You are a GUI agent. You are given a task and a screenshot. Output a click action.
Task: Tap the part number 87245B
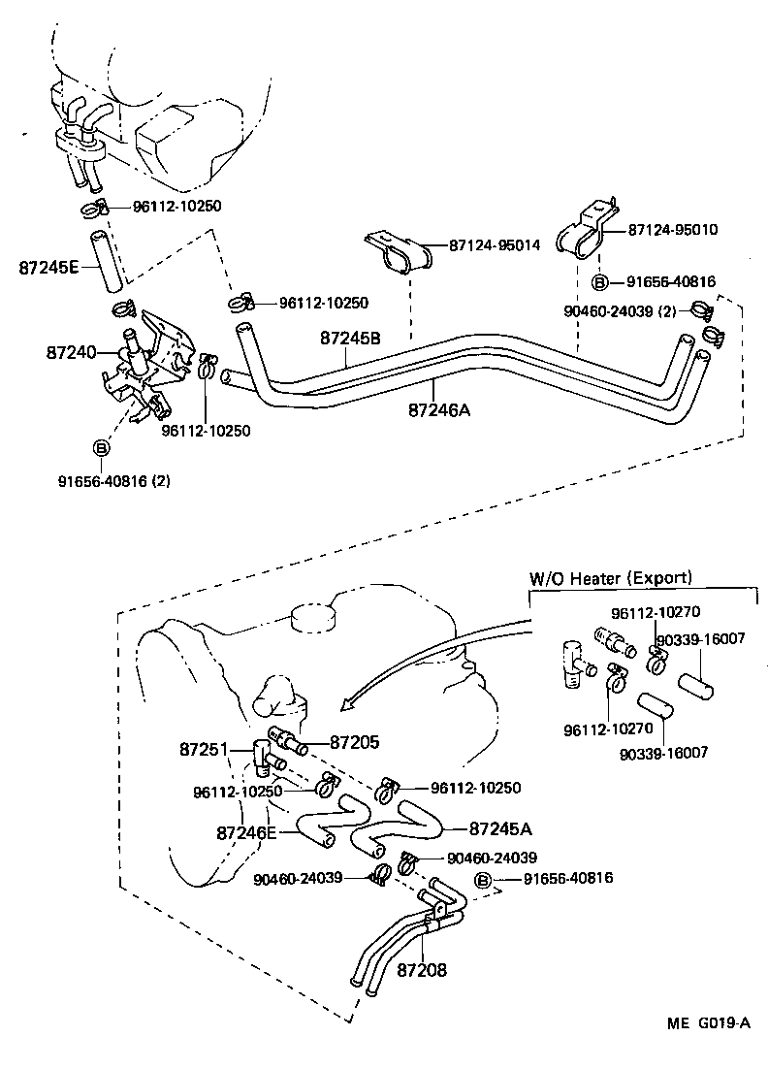(350, 339)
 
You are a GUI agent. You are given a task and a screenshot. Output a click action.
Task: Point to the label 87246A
(438, 409)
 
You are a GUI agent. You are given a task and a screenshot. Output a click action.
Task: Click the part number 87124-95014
(495, 247)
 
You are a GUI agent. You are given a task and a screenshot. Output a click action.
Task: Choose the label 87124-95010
(673, 231)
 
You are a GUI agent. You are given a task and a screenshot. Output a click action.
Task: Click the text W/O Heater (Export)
(610, 578)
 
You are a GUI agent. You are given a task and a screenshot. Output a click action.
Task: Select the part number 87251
(204, 750)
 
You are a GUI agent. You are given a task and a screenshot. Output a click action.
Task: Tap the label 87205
(354, 742)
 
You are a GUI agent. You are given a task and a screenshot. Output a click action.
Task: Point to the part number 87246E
(246, 832)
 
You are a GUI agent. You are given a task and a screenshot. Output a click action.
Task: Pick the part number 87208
(422, 969)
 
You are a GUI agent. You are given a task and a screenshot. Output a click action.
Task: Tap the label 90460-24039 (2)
(621, 311)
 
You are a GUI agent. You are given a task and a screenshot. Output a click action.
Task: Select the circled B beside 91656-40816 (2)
(101, 448)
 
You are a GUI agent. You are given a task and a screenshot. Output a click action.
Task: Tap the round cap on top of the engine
(310, 615)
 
